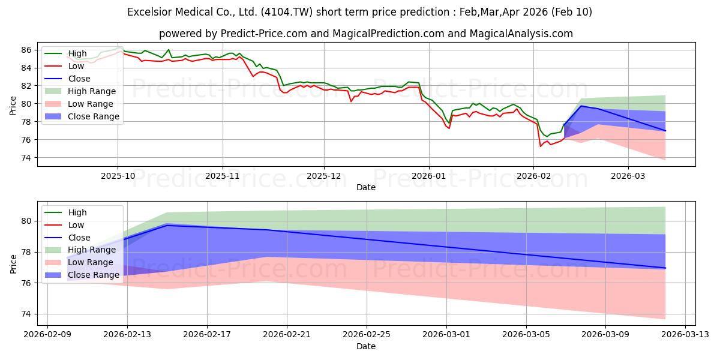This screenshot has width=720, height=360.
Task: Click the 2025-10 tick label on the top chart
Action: [118, 175]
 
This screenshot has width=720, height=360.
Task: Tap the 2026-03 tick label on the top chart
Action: [628, 175]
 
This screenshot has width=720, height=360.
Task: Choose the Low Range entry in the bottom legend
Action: [91, 262]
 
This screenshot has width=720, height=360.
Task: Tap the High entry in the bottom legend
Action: [78, 212]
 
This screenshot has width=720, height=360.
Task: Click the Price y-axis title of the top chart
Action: [13, 106]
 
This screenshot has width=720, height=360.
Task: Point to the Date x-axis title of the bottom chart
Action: [366, 346]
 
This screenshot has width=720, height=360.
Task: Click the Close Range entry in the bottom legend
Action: [94, 275]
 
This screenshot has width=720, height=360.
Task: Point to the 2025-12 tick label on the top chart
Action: [324, 175]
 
